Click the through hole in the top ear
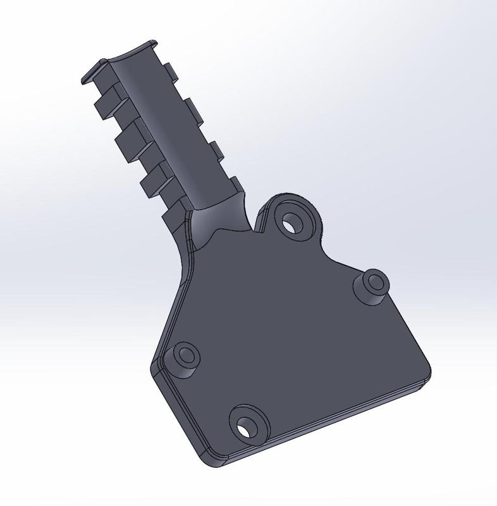pyautogui.click(x=291, y=223)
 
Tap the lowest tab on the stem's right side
pyautogui.click(x=236, y=183)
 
